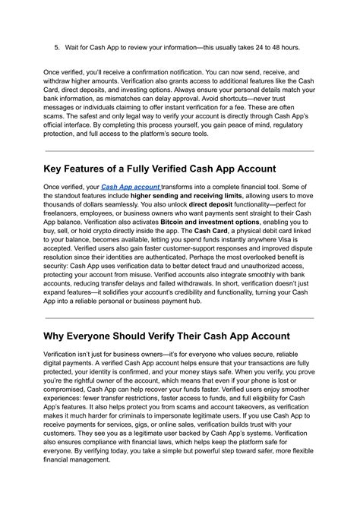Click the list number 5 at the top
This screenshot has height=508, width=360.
pos(57,46)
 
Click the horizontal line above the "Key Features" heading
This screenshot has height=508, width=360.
pos(179,150)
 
